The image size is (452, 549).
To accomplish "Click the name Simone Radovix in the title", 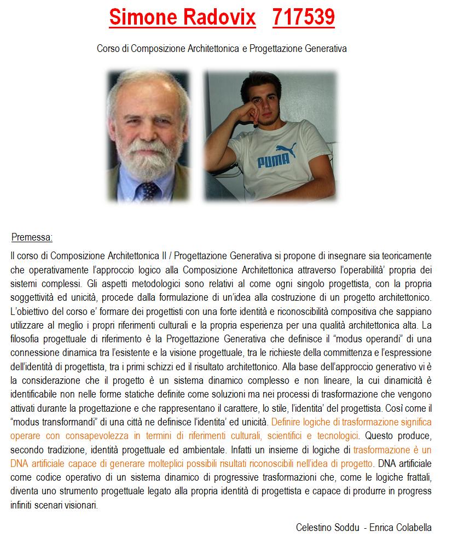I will [182, 17].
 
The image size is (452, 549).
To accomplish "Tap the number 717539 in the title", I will [303, 17].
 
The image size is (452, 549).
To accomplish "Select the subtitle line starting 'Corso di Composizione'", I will [222, 49].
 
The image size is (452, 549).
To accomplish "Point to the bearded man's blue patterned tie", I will [149, 191].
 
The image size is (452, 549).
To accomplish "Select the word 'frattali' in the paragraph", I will [415, 477].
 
